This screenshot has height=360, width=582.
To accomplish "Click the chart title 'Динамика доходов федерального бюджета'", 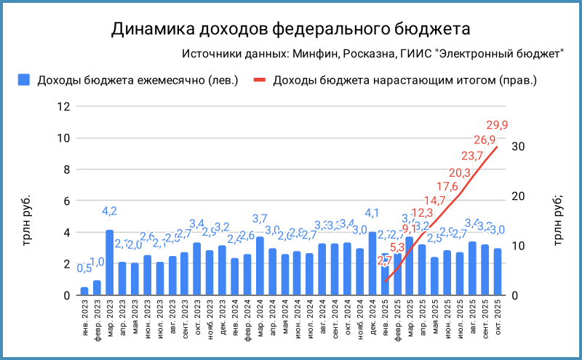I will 291,28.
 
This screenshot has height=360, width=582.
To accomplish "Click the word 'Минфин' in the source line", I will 314,54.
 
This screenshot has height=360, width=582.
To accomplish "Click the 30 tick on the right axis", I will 518,146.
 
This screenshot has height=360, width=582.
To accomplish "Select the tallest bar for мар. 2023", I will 109,263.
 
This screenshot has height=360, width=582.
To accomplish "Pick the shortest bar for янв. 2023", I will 84,291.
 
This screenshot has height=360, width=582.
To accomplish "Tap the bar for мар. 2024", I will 260,266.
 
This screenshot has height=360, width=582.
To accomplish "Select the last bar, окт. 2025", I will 498,272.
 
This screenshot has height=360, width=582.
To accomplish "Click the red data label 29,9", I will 497,124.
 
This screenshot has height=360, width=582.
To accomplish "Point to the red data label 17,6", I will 447,185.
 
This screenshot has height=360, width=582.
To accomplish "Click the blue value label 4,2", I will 109,212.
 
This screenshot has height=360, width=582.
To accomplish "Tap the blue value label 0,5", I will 84,268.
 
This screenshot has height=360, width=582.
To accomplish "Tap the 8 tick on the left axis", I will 66,169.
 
